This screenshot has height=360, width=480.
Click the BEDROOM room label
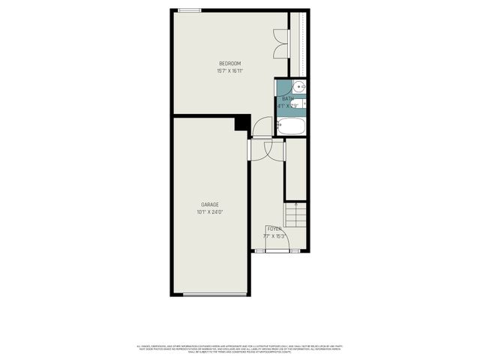point(229,63)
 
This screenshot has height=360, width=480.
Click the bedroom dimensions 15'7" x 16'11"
point(229,71)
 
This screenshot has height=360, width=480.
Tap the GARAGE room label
point(210,204)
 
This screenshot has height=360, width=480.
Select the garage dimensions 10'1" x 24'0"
point(210,212)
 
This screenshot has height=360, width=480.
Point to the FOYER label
point(274,228)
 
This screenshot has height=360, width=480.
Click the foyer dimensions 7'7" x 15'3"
point(274,235)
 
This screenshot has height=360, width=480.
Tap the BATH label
point(288,99)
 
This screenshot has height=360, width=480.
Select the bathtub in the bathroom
point(290,126)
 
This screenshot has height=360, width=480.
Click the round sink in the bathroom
point(298,85)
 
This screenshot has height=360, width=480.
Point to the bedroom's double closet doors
point(280,43)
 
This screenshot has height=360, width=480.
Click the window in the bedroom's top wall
point(189,10)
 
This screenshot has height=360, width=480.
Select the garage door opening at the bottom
point(215,294)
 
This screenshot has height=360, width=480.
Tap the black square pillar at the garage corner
point(242,122)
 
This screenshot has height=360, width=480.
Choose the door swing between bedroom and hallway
point(262,127)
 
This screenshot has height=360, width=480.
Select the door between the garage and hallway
point(256,150)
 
